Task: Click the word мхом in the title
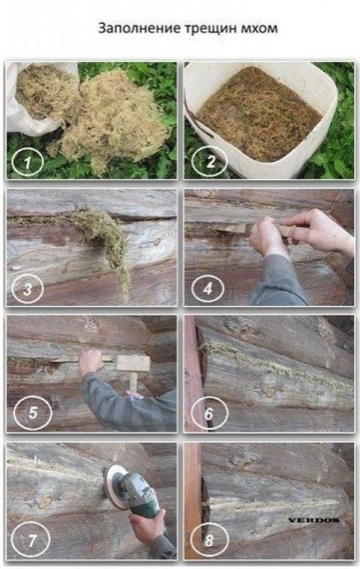tap(259, 29)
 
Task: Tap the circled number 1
tap(27, 162)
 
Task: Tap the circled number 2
tap(210, 161)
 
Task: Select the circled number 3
tap(27, 290)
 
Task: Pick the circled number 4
tap(207, 289)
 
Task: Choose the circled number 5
tap(32, 412)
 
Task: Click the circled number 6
tap(210, 413)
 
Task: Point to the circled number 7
tap(30, 541)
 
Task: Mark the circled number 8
tap(210, 541)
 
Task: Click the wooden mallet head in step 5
tap(133, 364)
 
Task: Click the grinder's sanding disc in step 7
tap(114, 487)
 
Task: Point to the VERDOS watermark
tap(314, 520)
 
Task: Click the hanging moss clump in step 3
tap(105, 240)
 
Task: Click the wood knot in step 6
tap(269, 391)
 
